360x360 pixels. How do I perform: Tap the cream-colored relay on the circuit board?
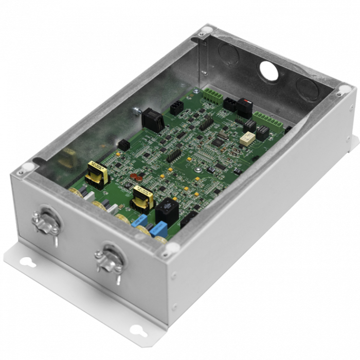[x=248, y=136]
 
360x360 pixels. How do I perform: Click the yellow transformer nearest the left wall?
[x=94, y=173]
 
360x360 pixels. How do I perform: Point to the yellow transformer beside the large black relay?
[x=142, y=199]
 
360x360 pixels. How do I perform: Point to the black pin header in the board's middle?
[x=174, y=154]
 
